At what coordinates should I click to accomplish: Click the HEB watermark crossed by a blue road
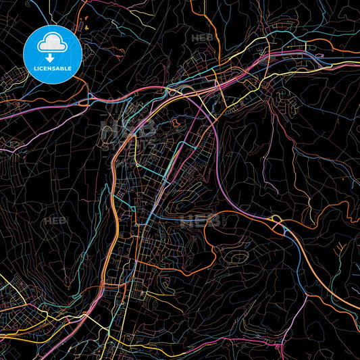coord(200,220)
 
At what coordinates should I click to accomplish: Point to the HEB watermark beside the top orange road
coord(201,38)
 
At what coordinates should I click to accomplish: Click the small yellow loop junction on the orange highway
coord(276,220)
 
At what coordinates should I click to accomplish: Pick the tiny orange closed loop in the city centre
coord(177,123)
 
